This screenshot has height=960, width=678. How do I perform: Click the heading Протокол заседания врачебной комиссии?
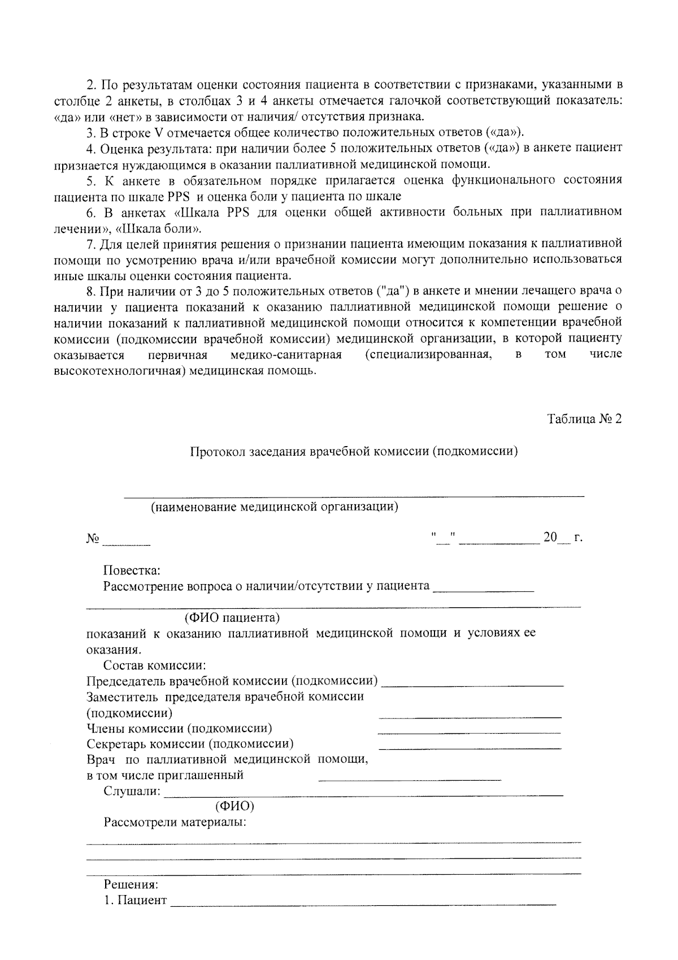click(x=354, y=452)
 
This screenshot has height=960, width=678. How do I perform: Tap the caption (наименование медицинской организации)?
click(x=274, y=507)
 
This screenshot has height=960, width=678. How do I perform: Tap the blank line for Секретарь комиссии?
click(x=470, y=746)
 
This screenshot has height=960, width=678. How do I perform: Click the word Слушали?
click(x=132, y=791)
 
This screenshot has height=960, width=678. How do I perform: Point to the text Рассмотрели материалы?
click(x=175, y=822)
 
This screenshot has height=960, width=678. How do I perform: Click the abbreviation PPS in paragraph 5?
click(x=177, y=197)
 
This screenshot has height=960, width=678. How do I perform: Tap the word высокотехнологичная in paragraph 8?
click(x=119, y=371)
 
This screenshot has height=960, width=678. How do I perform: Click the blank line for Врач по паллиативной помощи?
click(x=410, y=778)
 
